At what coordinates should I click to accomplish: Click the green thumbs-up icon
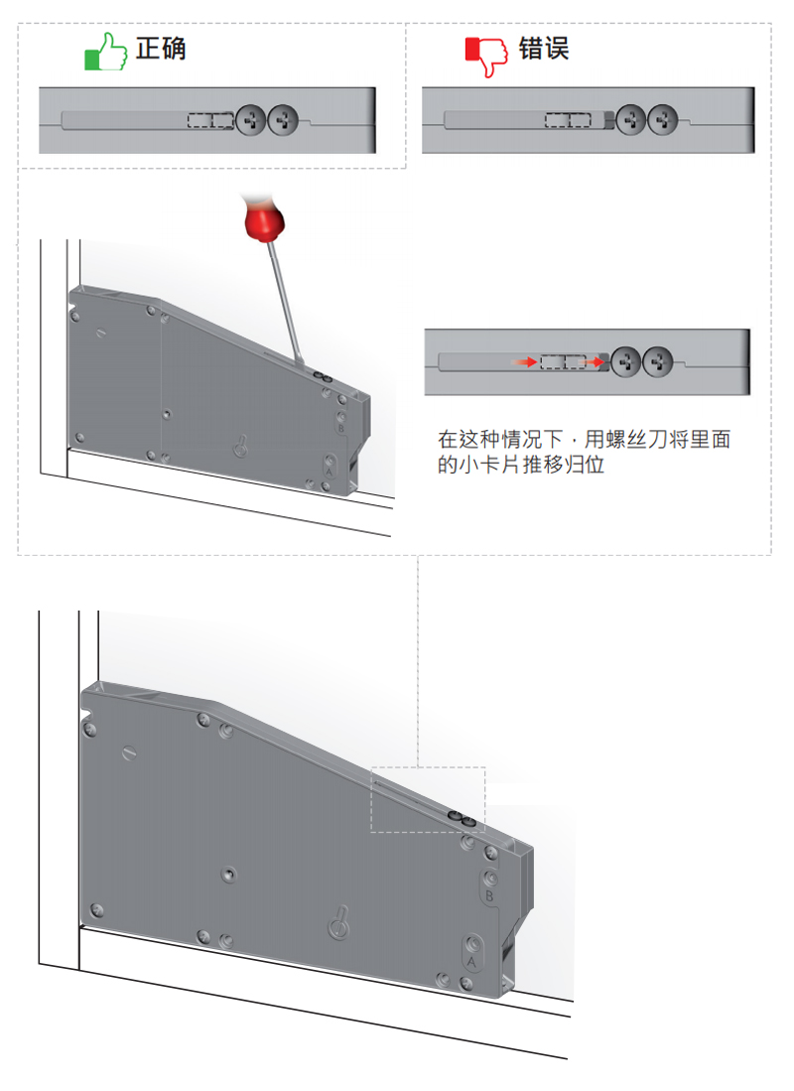(x=106, y=52)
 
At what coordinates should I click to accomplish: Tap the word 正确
(x=161, y=48)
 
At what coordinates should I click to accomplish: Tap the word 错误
(x=544, y=48)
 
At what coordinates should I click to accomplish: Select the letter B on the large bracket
(x=488, y=896)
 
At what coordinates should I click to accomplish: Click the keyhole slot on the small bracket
(x=239, y=447)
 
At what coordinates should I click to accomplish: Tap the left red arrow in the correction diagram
(x=523, y=362)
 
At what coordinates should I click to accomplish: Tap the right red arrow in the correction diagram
(x=595, y=362)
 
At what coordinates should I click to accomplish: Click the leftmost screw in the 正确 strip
(x=251, y=121)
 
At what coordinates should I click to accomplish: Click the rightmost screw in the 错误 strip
(x=663, y=121)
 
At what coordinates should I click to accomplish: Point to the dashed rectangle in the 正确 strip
(x=210, y=121)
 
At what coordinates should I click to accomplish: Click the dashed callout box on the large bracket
(x=428, y=799)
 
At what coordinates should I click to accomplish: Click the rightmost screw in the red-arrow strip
(x=657, y=362)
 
